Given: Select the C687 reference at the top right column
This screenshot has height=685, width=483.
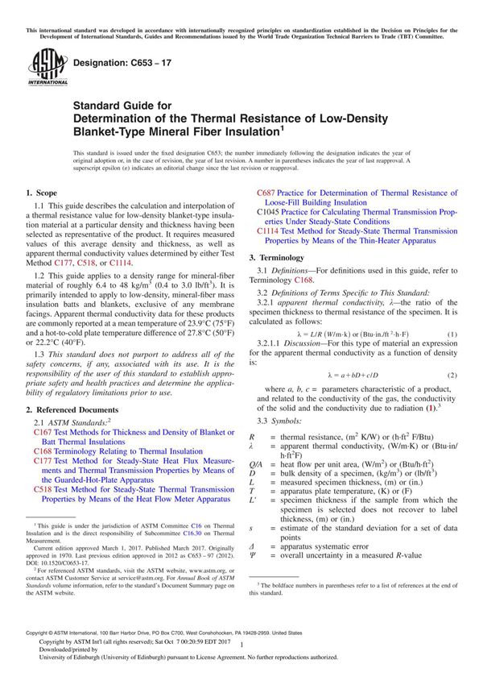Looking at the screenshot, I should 267,193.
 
